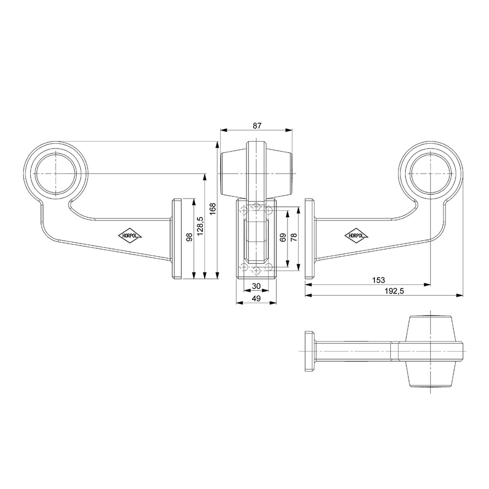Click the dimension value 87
click(256, 126)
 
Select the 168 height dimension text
click(212, 209)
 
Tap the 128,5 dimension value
click(200, 225)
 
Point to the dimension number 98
click(189, 237)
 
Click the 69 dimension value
click(283, 238)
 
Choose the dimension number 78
click(293, 238)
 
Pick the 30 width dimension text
click(256, 286)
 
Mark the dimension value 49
click(256, 298)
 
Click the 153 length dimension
click(378, 280)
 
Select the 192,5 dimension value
click(394, 291)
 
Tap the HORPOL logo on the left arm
click(130, 236)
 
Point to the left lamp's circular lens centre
click(56, 173)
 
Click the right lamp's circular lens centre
click(430, 173)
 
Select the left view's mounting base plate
click(177, 239)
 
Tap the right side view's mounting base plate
click(310, 239)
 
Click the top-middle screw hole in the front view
click(256, 206)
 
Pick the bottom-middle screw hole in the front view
click(256, 271)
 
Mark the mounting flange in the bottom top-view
click(309, 351)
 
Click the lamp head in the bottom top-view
click(430, 351)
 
